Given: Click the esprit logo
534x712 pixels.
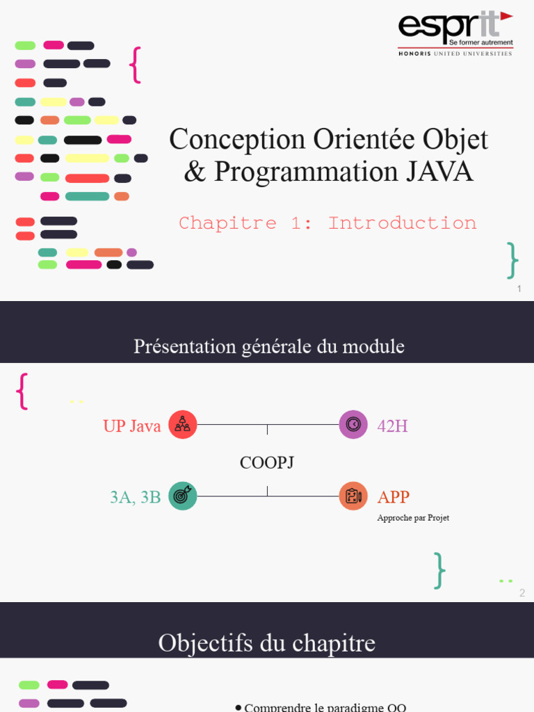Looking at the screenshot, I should (455, 33).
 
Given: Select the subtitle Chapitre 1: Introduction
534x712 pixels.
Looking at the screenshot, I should (327, 223).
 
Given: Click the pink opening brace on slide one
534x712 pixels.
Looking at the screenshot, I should (136, 65).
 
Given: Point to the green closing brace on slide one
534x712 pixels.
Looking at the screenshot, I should (512, 260).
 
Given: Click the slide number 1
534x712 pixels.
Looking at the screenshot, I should (519, 289).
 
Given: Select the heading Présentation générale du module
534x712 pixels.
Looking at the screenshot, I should (268, 346).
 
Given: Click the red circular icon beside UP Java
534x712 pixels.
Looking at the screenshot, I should (183, 425).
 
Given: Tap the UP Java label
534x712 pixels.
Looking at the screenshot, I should (131, 426).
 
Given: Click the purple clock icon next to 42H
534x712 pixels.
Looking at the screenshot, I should (353, 425).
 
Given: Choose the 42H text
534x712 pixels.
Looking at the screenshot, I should (392, 426).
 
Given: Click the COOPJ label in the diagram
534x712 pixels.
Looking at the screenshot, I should (266, 462).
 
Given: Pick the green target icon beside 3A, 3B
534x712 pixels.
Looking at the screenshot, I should (183, 496).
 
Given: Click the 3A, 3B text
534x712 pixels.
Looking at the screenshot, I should (135, 497).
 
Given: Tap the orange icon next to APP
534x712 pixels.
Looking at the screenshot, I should (353, 496).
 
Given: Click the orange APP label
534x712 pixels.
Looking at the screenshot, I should (393, 497).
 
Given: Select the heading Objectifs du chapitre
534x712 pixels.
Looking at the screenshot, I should (266, 642).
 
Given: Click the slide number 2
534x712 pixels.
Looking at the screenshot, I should (522, 593).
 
